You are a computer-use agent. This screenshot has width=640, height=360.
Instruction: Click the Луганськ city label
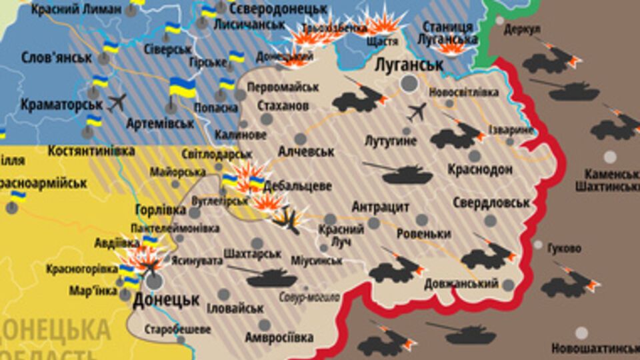409,65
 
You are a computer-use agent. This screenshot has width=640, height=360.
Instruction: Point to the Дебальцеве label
297,186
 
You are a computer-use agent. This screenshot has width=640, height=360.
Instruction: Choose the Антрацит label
380,206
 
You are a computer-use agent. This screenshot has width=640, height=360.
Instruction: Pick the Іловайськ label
235,309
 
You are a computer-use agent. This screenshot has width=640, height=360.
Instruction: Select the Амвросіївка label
279,337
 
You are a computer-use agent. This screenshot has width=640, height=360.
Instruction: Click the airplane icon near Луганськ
417,112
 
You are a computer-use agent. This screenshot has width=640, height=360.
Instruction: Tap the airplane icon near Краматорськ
117,102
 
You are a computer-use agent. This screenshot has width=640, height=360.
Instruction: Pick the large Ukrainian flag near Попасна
182,87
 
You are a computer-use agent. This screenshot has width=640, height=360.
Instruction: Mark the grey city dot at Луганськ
409,83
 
